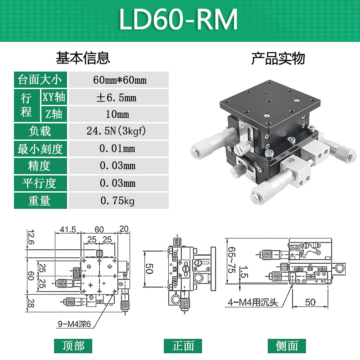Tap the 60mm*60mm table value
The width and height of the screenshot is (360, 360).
point(119,80)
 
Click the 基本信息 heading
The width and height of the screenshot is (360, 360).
point(83,58)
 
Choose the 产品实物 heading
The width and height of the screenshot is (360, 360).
point(278,58)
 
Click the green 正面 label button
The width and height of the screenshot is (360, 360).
point(183,346)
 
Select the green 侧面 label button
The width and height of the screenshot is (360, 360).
point(287,346)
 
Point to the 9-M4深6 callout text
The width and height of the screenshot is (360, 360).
point(74,323)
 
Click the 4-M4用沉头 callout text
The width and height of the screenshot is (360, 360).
point(252,303)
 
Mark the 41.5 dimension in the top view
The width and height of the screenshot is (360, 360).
point(67,229)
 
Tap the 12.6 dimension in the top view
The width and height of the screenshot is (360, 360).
point(30,237)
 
